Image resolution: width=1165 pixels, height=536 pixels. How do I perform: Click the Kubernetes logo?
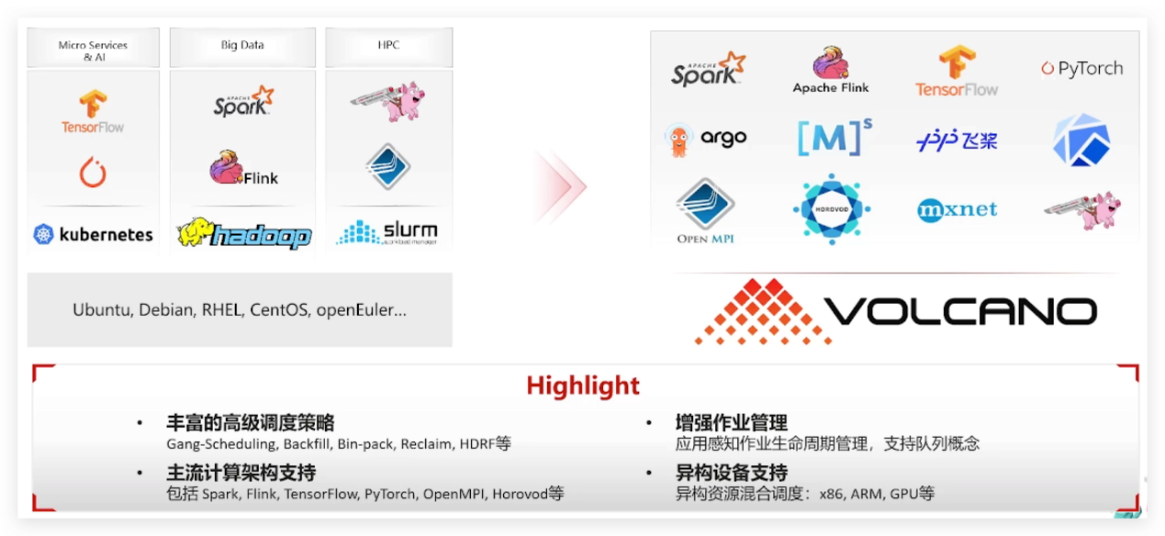pos(93,234)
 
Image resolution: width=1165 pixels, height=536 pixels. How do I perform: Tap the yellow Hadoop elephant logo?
pos(243,234)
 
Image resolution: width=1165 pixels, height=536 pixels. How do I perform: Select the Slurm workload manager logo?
pos(387,232)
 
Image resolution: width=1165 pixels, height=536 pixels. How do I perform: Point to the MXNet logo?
pos(957,210)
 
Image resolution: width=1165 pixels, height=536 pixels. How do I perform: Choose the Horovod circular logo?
pos(831,209)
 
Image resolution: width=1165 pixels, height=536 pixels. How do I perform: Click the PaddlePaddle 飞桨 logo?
pos(957,140)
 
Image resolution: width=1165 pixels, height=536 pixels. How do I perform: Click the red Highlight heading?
pos(582,385)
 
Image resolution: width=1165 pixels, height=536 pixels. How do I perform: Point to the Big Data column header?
pos(242,45)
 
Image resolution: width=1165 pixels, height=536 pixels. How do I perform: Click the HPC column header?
pos(387,45)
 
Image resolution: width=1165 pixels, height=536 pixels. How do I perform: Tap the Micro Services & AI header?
pos(93,50)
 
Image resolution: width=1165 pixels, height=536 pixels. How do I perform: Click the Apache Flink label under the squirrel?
pos(831,88)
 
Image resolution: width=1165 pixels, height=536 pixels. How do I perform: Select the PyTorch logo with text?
pos(1081,69)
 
